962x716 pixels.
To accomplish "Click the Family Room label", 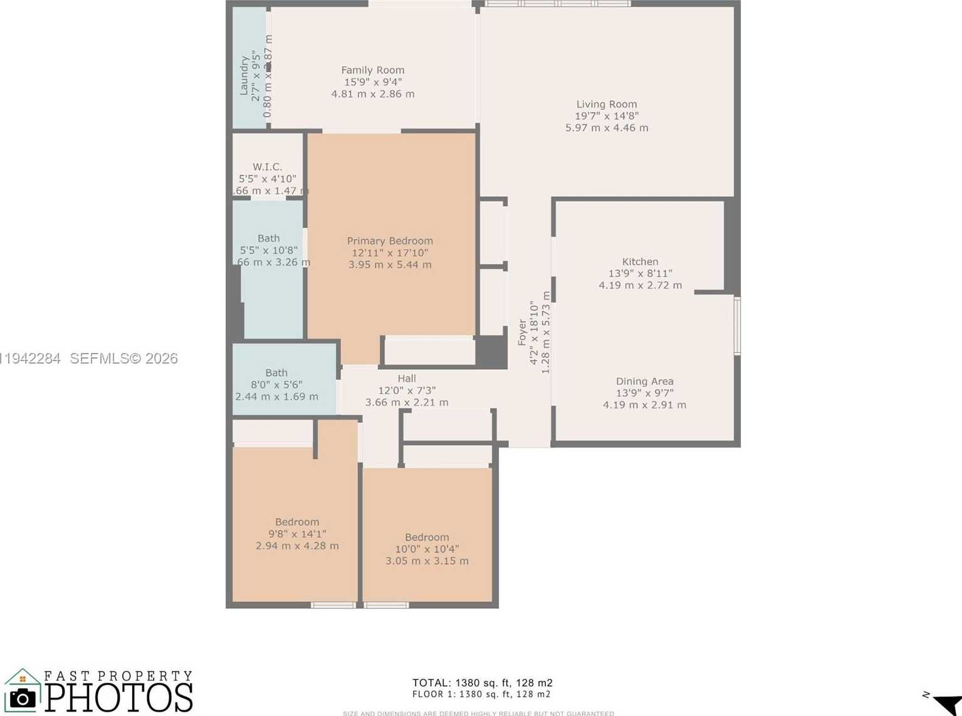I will click(372, 70).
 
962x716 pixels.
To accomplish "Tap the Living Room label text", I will click(606, 105).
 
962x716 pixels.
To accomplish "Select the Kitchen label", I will click(640, 262).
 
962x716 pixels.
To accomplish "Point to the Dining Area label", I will click(644, 381).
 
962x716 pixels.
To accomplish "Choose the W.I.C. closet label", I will click(267, 167).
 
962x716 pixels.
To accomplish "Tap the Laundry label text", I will click(244, 75).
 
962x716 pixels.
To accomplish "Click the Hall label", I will click(406, 379).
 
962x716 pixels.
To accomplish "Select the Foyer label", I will click(522, 332).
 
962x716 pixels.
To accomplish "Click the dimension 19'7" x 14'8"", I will click(606, 116).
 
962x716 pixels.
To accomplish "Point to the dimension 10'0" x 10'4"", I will click(426, 549).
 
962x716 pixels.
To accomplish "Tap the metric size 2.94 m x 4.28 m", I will click(297, 546).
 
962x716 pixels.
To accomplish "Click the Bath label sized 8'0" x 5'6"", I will click(276, 373).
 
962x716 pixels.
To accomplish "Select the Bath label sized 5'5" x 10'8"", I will click(268, 239).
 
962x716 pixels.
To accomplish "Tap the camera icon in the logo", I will click(23, 698).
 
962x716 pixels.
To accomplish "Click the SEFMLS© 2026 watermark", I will click(123, 359).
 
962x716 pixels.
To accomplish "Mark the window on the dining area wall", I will click(737, 326).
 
